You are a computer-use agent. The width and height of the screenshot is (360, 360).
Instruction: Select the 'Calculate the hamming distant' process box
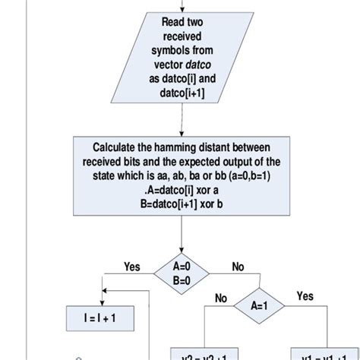(x=182, y=175)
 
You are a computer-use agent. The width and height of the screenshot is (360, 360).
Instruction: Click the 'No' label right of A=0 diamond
(x=238, y=267)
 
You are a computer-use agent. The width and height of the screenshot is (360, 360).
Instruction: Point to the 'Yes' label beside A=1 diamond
(x=305, y=295)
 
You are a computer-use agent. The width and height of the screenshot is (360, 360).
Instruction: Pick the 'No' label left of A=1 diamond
(x=222, y=298)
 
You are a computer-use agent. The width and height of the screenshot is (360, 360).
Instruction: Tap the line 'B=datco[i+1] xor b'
(x=182, y=204)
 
